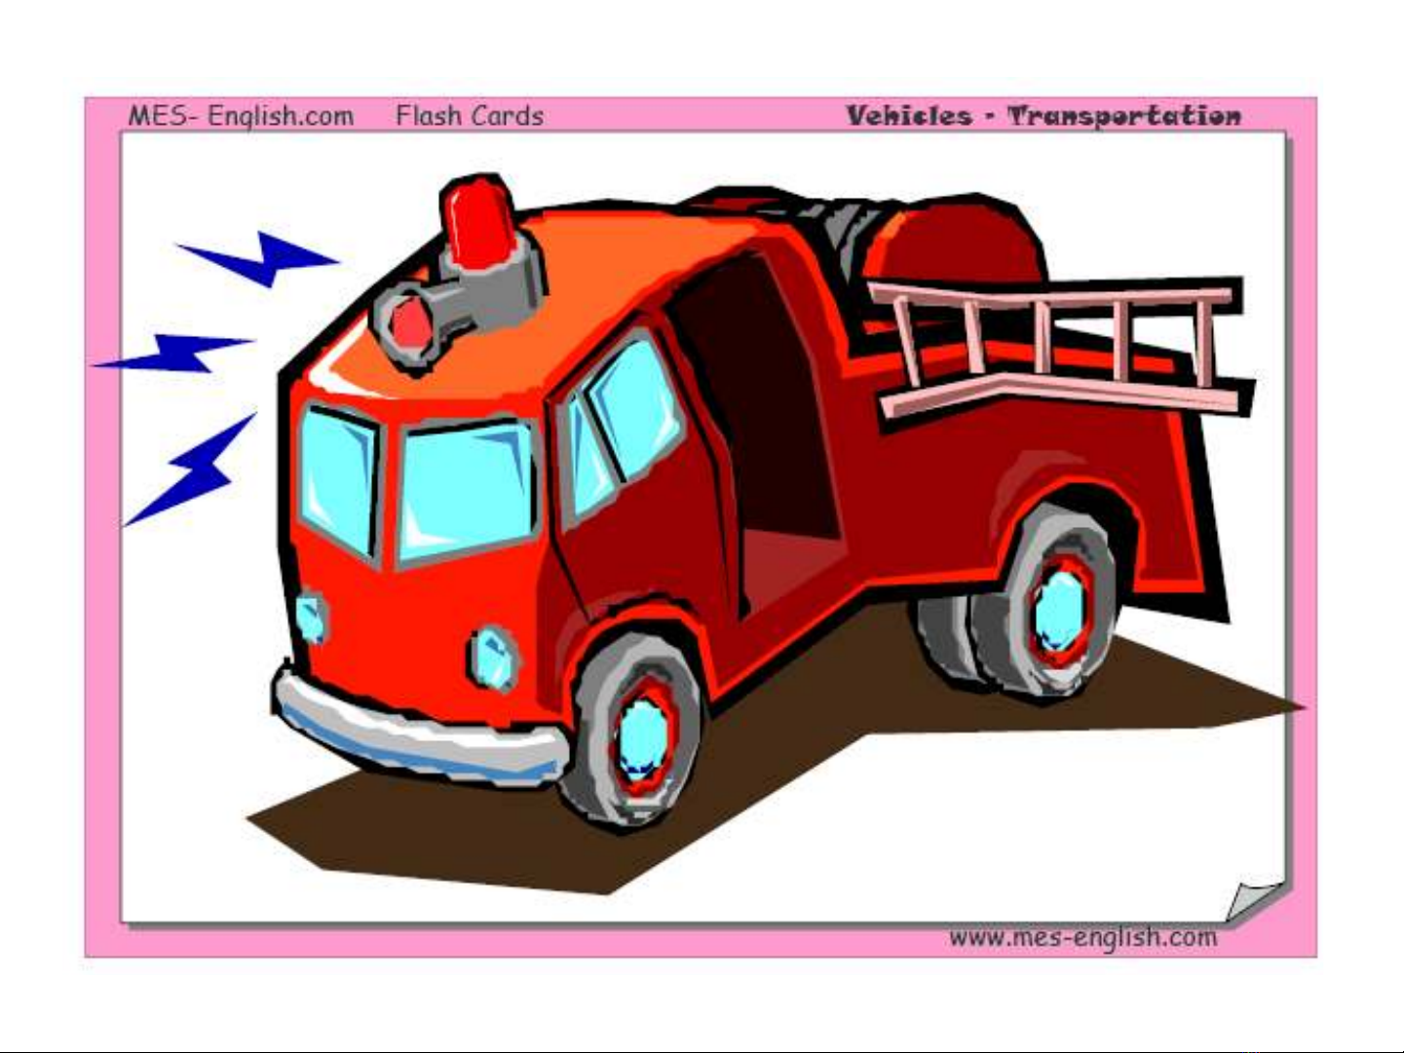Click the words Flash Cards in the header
(470, 116)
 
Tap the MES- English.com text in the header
(241, 116)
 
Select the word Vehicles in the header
(909, 116)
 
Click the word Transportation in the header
(1123, 116)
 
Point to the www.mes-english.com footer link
(1082, 937)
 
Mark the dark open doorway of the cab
(761, 409)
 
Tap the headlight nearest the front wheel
(492, 658)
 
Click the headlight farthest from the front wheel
(312, 617)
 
